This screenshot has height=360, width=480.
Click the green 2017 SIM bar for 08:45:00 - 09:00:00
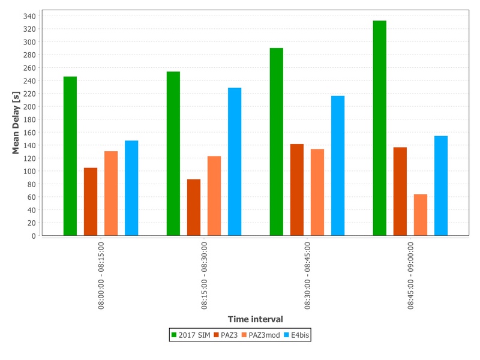tap(379, 128)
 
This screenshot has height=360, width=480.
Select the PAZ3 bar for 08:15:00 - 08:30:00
tap(194, 207)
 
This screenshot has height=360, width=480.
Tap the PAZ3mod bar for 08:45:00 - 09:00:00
tap(420, 215)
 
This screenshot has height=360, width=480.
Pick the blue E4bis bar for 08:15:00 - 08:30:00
tap(235, 161)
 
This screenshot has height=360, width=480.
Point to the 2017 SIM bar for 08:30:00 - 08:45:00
tap(276, 142)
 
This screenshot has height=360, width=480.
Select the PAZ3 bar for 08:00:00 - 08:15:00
tap(91, 202)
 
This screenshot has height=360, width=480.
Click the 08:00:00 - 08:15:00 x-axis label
tap(101, 275)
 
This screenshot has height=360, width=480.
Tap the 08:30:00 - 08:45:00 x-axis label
tap(308, 275)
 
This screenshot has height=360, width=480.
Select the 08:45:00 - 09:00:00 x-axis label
tap(411, 275)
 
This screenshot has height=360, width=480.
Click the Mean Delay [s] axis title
tap(16, 124)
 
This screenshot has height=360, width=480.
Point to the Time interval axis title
tap(255, 319)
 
